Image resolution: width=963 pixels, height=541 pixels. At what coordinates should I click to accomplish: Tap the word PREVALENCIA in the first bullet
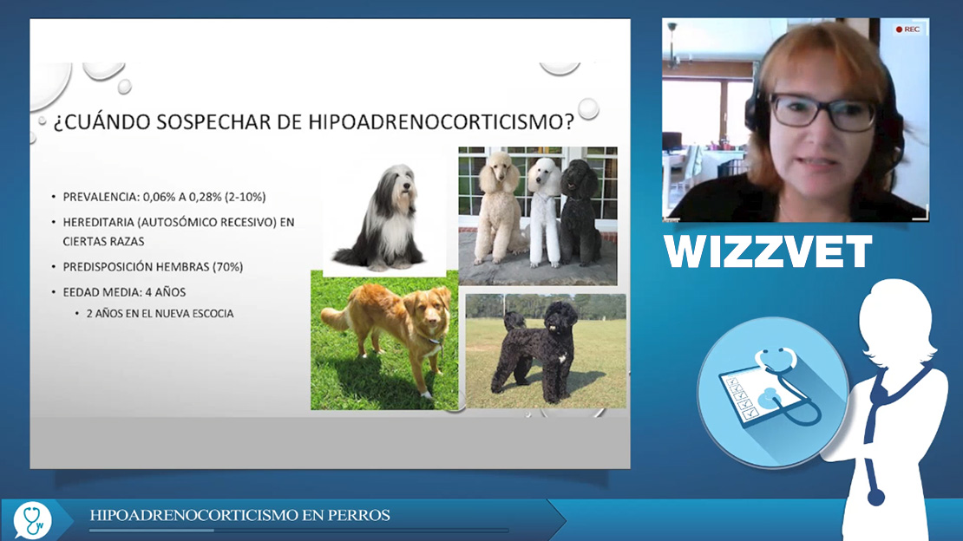pos(101,197)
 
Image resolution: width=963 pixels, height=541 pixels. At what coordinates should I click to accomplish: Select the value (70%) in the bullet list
pos(227,267)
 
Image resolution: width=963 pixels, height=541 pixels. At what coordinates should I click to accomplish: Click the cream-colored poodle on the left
pos(498,207)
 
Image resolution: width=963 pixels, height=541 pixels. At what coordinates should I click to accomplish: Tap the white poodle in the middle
pos(544,212)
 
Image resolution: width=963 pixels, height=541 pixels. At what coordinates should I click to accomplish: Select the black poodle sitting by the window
pos(579,212)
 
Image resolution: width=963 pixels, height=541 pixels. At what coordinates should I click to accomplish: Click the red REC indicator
pos(907,29)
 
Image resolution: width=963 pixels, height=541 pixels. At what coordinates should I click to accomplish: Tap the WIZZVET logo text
pos(768,251)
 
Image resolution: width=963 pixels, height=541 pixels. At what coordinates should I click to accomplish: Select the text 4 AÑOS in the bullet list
pos(165,292)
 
